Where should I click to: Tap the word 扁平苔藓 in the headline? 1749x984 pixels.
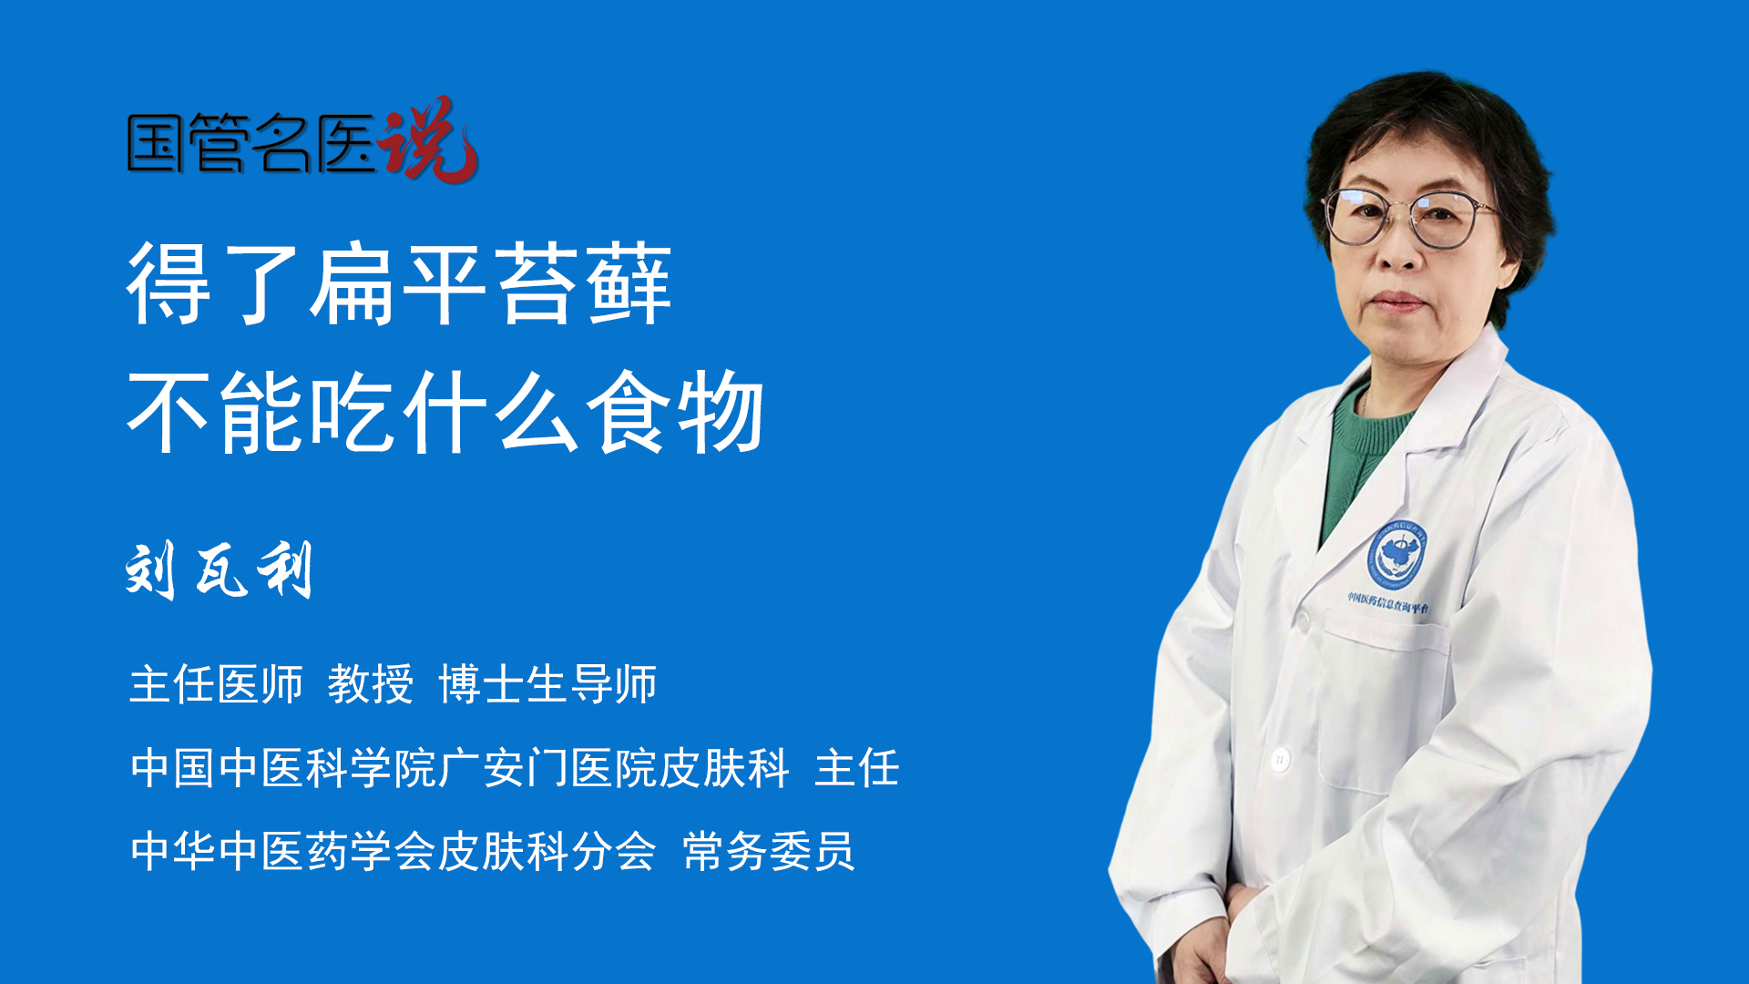(490, 284)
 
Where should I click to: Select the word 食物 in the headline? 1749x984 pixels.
(674, 412)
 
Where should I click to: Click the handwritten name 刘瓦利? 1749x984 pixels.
(220, 570)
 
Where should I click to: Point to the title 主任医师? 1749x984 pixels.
(216, 684)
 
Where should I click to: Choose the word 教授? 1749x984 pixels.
(370, 684)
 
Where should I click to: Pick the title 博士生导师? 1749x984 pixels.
(547, 684)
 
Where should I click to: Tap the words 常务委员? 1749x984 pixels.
(768, 852)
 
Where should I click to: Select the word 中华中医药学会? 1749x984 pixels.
(282, 852)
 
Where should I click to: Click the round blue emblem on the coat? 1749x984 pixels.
(1396, 554)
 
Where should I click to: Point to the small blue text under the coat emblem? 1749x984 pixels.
(1388, 602)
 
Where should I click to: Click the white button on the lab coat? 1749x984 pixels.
(1280, 759)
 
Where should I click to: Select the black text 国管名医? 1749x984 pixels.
(251, 143)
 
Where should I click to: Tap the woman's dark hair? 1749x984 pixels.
(1430, 146)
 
